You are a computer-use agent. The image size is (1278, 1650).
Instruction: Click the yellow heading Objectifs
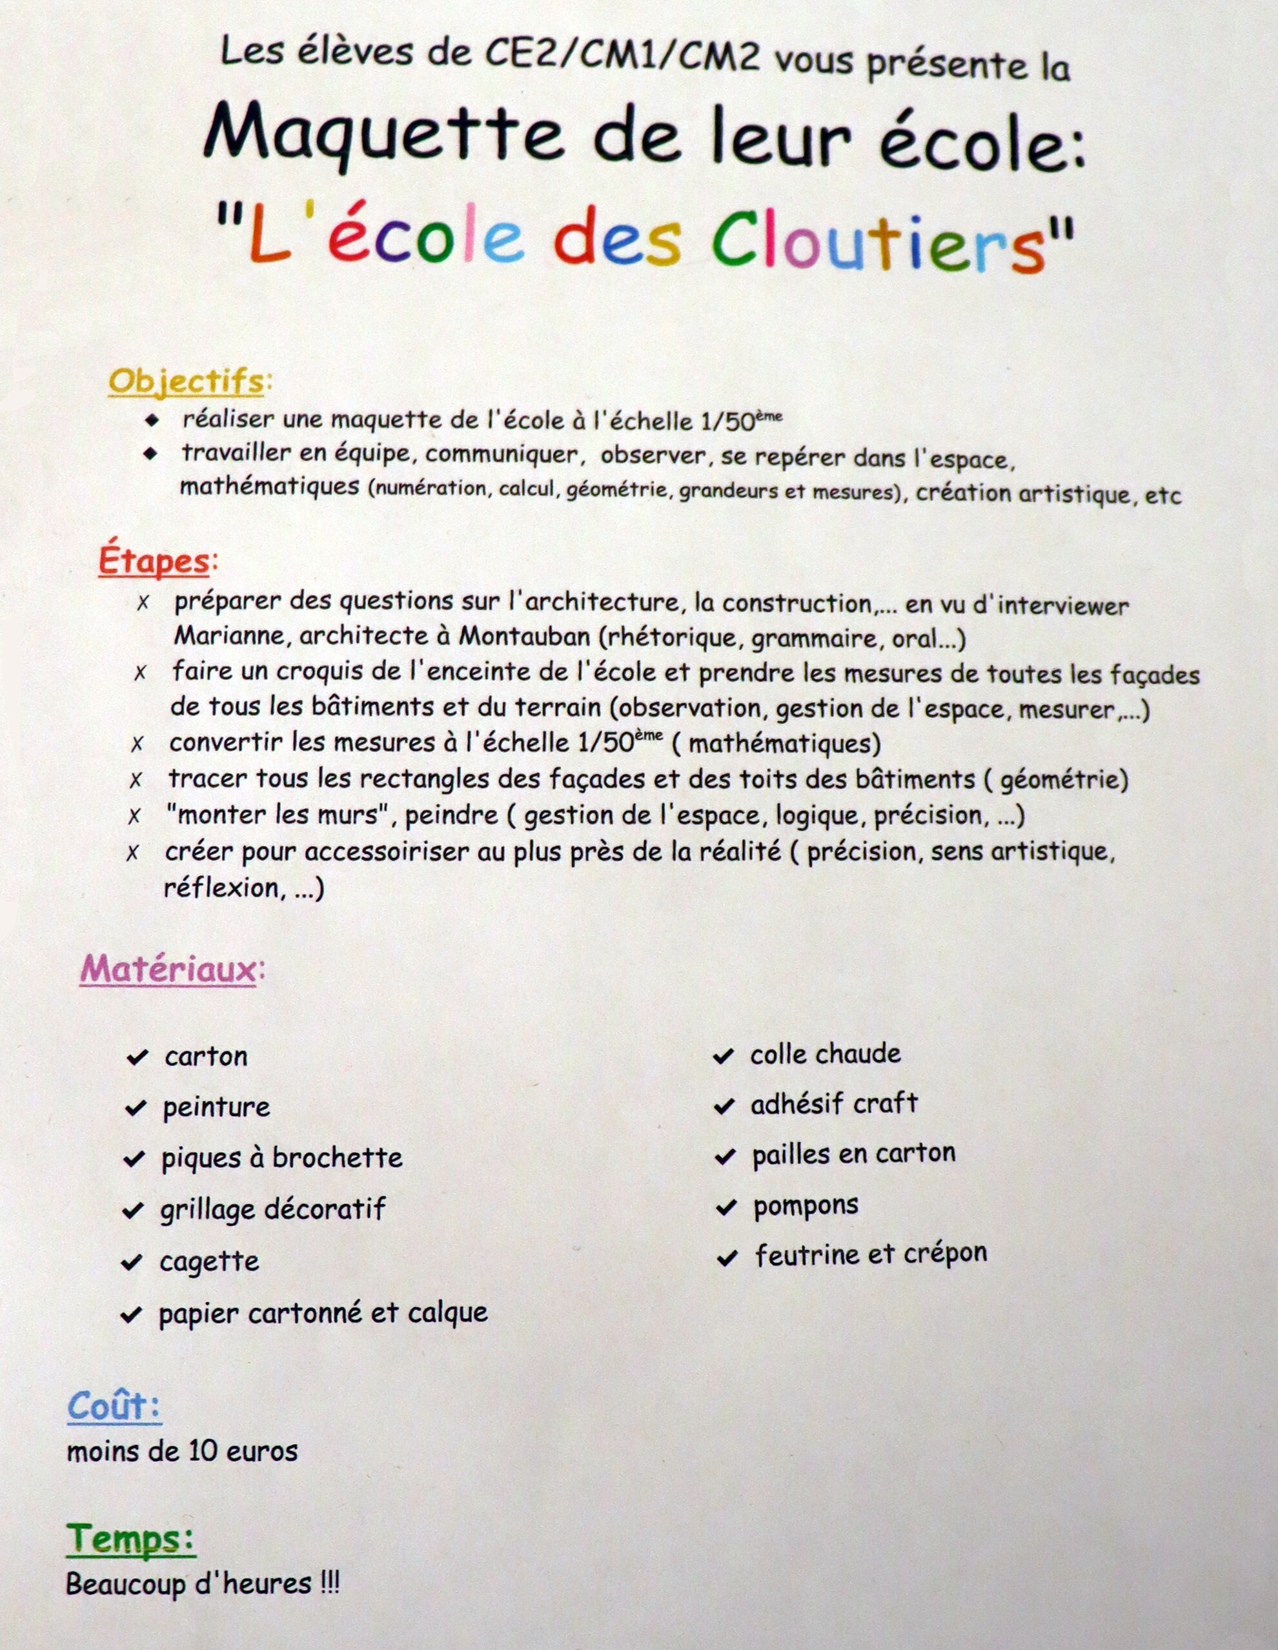[186, 382]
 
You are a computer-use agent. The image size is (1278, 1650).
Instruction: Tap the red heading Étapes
[154, 562]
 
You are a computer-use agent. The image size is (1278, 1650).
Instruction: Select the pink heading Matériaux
[168, 970]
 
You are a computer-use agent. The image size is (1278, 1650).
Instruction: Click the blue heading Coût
[114, 1407]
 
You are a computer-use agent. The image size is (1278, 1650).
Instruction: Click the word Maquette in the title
[383, 137]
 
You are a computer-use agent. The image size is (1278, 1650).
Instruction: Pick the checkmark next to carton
[137, 1057]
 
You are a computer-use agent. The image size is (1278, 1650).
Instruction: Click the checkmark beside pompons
[726, 1207]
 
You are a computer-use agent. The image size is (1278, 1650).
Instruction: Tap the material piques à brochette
[281, 1158]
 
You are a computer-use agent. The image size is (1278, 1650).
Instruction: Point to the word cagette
[209, 1261]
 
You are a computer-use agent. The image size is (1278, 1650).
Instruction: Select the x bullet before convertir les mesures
[137, 744]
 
